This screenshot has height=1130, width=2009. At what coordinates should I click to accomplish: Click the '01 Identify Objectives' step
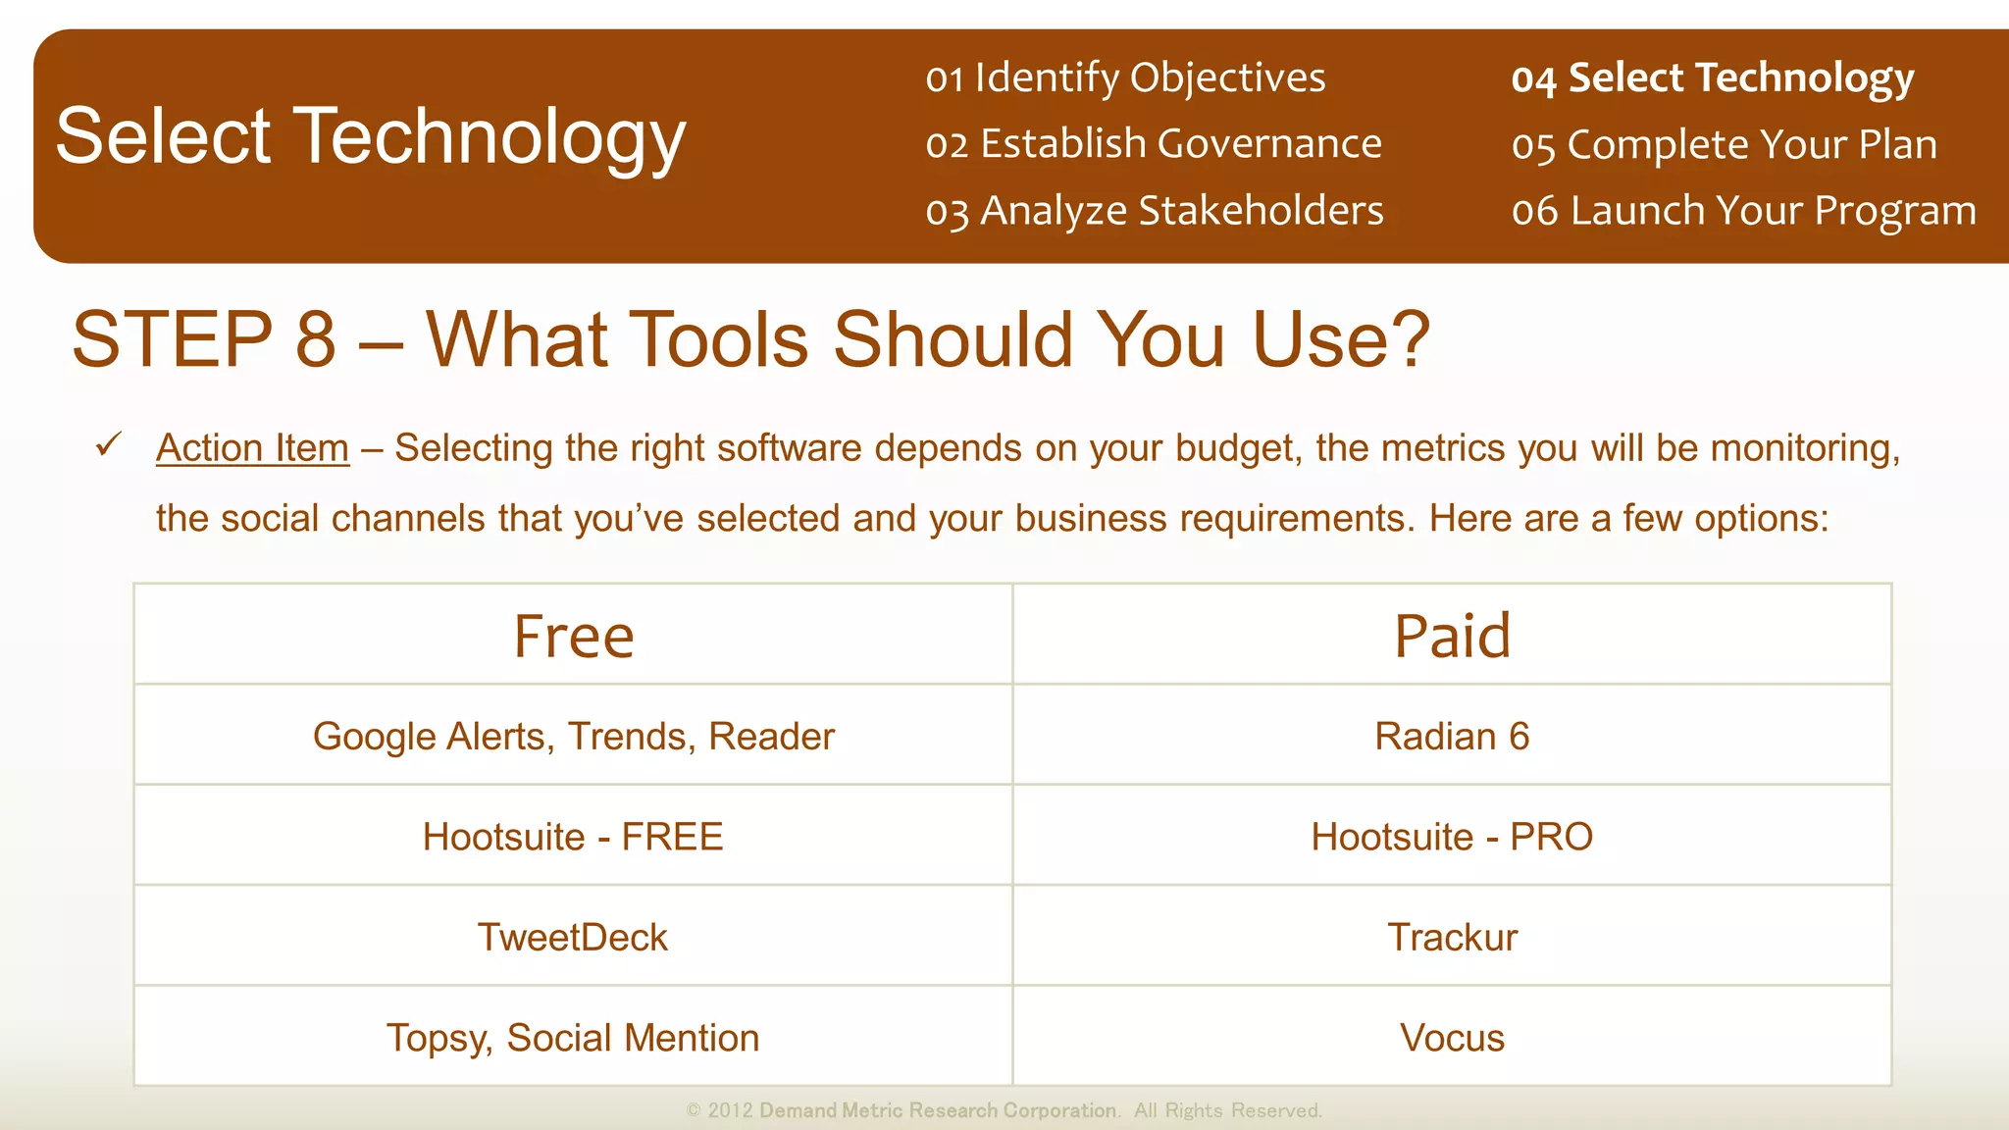[x=1125, y=77]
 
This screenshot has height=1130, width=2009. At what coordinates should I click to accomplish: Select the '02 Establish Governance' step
[x=1154, y=144]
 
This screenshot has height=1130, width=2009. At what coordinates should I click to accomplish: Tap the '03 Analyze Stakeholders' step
[x=1155, y=211]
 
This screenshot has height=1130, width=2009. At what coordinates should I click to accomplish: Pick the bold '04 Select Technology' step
[x=1712, y=77]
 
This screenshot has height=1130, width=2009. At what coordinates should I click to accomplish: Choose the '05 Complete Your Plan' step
[x=1724, y=145]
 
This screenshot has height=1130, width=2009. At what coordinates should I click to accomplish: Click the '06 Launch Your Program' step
[x=1743, y=211]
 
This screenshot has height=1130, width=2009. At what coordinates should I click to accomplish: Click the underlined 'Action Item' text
[x=252, y=448]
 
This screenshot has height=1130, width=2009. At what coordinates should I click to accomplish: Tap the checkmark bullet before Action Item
[x=109, y=445]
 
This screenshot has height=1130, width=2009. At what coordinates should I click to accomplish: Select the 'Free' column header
[x=574, y=636]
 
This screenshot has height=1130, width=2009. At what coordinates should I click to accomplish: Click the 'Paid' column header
[x=1452, y=636]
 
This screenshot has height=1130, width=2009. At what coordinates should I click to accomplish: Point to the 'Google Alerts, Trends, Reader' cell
[x=574, y=736]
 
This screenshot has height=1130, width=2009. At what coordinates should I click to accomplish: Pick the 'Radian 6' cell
[x=1452, y=736]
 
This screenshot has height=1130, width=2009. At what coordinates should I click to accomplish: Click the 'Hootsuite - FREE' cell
[x=574, y=837]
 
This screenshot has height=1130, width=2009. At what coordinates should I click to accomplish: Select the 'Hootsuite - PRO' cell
[x=1452, y=837]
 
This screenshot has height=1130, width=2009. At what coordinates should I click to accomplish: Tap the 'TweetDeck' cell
[x=574, y=937]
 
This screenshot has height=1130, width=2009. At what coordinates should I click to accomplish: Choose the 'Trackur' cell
[x=1452, y=937]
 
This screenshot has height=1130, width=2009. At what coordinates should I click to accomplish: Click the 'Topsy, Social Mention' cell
[x=574, y=1038]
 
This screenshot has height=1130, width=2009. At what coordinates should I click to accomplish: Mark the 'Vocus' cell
[x=1452, y=1038]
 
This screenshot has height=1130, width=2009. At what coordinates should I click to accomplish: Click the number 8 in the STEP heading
[x=316, y=339]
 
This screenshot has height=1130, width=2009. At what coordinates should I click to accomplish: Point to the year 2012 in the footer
[x=730, y=1110]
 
